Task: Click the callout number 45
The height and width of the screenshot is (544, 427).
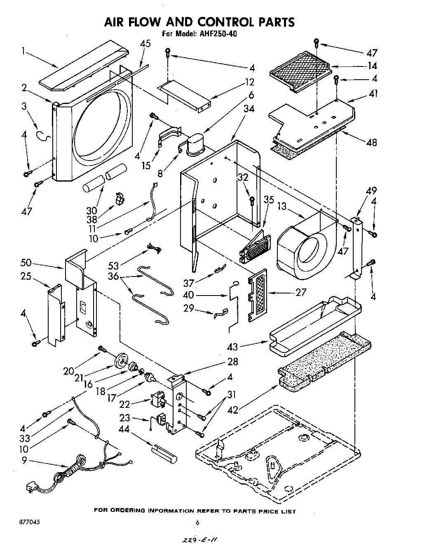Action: pos(145,44)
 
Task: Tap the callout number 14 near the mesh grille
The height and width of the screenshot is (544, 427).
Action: pos(373,66)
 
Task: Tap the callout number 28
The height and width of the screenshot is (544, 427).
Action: pos(232,362)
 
